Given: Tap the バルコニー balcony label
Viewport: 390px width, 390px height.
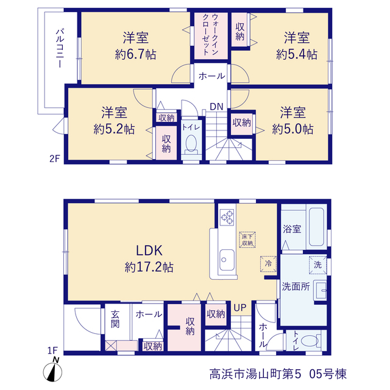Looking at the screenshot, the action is pos(60,49).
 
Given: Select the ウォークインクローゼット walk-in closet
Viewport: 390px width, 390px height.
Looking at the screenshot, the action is pos(211,36).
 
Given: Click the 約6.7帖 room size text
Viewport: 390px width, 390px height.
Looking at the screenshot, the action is pos(135,54).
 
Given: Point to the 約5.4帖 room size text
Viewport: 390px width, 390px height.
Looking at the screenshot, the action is pos(297,54).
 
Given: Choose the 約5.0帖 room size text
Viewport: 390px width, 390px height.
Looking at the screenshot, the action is pos(292,129).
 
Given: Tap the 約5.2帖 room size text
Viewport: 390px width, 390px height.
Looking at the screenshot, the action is pos(114,129).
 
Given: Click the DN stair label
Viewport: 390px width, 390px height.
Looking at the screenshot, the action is pos(216,107).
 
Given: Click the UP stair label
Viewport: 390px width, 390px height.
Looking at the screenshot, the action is pos(239,308).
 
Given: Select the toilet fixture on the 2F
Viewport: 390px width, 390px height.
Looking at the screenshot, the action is pos(191,145).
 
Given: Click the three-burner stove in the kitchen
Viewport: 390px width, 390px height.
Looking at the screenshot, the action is pos(227,217).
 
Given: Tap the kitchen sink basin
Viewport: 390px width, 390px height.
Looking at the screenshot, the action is pos(227,260).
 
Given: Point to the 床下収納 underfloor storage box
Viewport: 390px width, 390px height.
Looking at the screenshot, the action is pos(247,239).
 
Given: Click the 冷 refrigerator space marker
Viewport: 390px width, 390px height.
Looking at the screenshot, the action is pos(268,264).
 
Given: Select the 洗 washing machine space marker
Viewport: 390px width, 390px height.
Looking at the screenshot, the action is pos(317,265).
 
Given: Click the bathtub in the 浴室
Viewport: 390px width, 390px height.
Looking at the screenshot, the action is pos(316,227).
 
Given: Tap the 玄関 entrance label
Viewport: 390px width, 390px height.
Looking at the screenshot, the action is pos(115,319).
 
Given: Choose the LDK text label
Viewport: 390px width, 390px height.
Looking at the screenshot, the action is pos(149,250).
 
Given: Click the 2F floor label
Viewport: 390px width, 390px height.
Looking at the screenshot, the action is pos(54,158).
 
